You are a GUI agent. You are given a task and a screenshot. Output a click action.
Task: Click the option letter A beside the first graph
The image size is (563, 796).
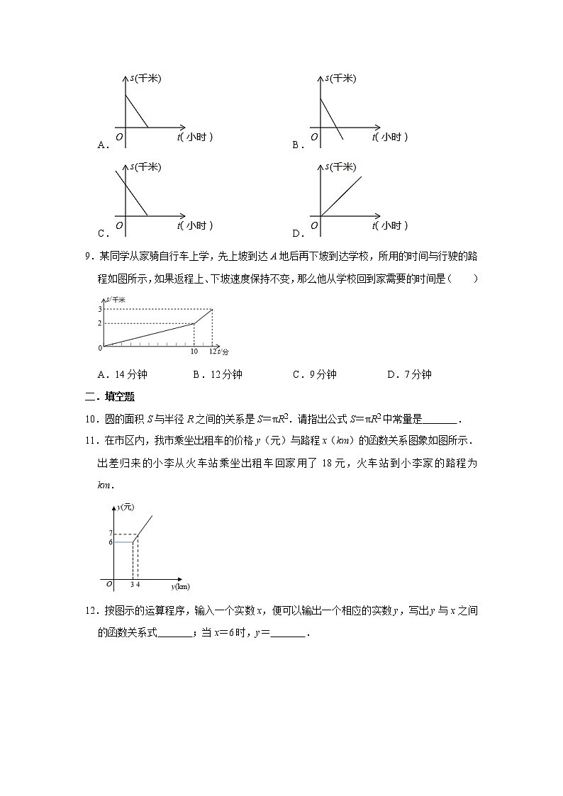[x=102, y=145]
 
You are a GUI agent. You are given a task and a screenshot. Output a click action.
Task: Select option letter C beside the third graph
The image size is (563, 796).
[x=102, y=233]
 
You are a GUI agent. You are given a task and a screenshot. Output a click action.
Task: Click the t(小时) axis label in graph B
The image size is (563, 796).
[x=391, y=137]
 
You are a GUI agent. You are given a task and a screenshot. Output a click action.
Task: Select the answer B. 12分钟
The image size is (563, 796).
[x=218, y=375]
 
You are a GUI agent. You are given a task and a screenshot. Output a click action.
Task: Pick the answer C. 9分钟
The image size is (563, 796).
[x=314, y=375]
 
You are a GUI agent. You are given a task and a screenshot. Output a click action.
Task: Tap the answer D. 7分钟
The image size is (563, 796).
[x=409, y=375]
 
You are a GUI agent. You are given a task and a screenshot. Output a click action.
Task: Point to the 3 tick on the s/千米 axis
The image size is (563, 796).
[x=101, y=309]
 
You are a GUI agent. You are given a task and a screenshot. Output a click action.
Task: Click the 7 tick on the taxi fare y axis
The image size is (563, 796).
[x=111, y=533]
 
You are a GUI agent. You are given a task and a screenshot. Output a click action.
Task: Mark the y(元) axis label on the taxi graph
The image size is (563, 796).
[x=126, y=506]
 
